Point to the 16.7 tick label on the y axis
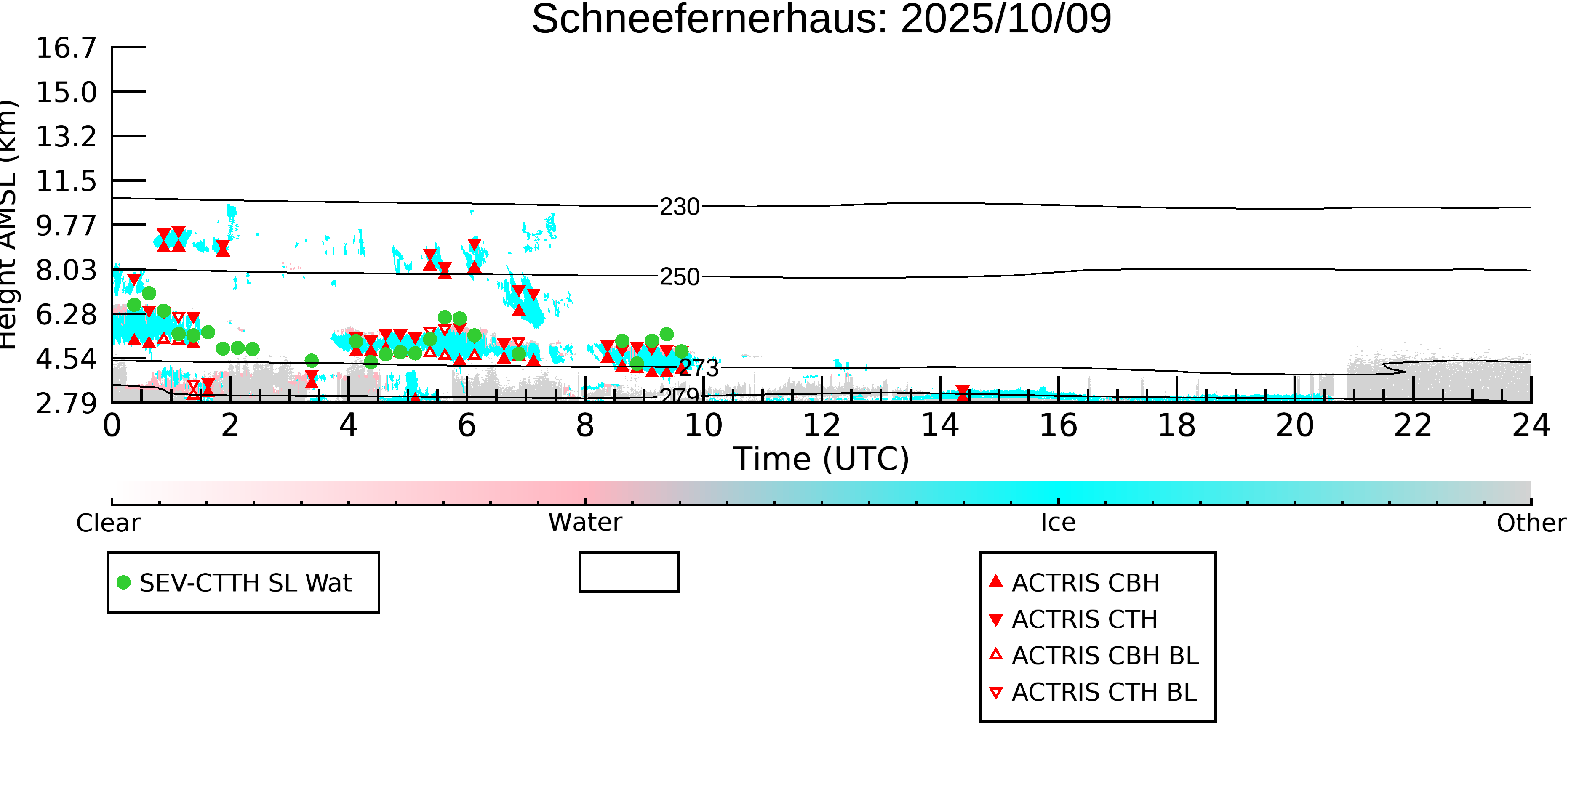tap(66, 48)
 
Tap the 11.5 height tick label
tap(66, 181)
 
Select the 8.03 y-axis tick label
tap(66, 270)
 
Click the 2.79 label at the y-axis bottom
tap(66, 403)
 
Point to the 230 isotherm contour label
tap(679, 207)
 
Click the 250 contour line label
tap(679, 277)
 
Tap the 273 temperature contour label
tap(699, 367)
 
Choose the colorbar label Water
tap(585, 523)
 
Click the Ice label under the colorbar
tap(1058, 523)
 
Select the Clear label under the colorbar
tap(108, 523)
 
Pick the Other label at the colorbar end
tap(1531, 523)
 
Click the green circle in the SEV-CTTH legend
tap(124, 582)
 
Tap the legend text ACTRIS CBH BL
tap(1104, 656)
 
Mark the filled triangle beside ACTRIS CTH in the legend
tap(996, 620)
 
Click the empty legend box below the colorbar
tap(629, 572)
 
